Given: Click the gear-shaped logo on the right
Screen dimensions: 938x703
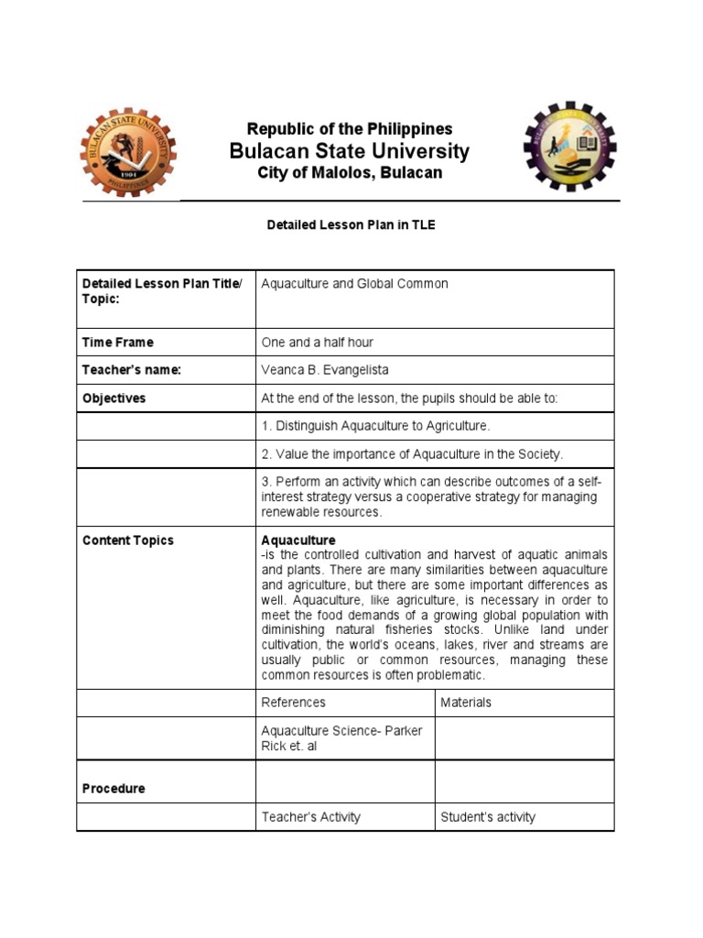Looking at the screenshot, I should coord(569,147).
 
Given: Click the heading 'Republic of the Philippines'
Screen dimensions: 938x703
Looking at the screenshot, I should coord(349,129).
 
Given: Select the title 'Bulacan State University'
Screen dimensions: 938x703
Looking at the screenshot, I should coord(349,151).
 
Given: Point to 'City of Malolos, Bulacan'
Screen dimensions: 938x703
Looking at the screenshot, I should coord(349,173).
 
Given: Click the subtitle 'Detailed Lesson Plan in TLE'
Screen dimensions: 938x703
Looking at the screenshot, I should coord(351,225).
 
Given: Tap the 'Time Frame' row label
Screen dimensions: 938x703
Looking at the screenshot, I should coord(118,343).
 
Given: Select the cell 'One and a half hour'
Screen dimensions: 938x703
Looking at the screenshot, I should coord(317,343).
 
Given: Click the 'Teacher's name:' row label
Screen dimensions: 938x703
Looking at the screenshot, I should coord(132,370).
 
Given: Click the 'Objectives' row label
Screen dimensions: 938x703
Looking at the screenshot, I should coord(114,398).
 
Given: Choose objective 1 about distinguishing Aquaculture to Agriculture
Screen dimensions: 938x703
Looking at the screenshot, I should coord(375,426).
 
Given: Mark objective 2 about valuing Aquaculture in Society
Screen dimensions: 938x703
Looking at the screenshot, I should coord(412,454).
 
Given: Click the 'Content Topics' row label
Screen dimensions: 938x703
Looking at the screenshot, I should coord(127,540).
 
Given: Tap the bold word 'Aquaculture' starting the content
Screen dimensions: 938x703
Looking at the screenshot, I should coord(298,540).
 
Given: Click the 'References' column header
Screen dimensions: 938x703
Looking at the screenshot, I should coord(293,703).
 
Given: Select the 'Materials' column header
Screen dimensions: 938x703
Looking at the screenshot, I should coord(465,703).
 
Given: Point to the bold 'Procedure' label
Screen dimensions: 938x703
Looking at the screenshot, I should coord(114,789).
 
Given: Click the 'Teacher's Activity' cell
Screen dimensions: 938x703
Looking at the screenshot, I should coord(310,817).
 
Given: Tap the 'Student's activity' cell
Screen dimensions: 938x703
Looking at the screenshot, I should coord(488,817).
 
